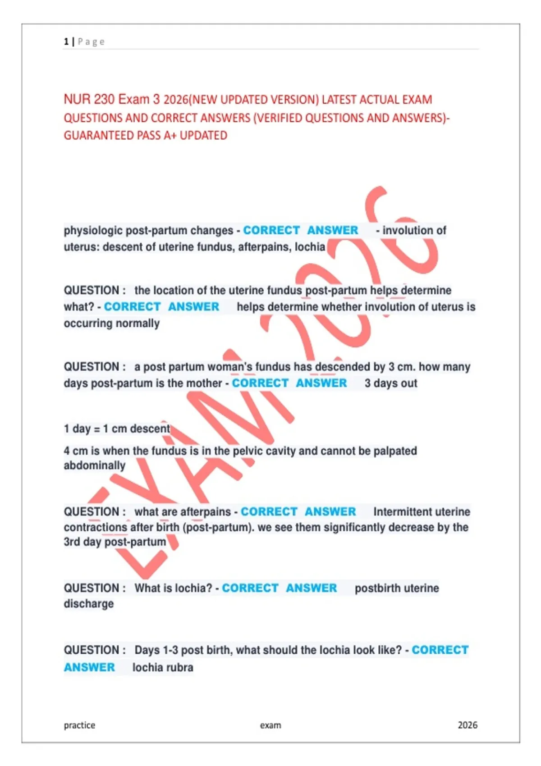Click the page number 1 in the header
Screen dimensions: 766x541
point(66,42)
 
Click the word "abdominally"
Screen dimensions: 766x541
point(94,465)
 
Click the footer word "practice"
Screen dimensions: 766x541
point(79,725)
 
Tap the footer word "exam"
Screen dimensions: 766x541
point(270,725)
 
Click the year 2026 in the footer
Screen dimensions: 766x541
point(468,725)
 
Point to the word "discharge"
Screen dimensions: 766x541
point(88,604)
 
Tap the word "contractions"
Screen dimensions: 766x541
point(95,527)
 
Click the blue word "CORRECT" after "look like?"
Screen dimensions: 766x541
point(440,650)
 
